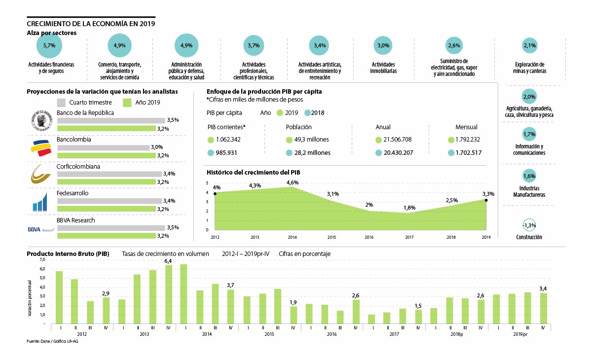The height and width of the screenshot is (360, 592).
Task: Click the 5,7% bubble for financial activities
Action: click(49, 45)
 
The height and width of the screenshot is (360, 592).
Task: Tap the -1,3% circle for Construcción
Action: click(529, 225)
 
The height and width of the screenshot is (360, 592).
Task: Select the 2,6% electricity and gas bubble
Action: click(454, 45)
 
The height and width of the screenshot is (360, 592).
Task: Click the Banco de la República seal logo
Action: click(40, 120)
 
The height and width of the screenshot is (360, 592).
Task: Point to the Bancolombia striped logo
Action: click(40, 147)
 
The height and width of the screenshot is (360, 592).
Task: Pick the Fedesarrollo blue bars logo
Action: click(40, 201)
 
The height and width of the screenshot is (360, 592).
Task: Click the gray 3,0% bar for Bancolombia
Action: click(103, 147)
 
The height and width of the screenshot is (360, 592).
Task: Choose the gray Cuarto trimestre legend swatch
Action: click(62, 103)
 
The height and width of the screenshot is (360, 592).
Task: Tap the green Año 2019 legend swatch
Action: click(126, 103)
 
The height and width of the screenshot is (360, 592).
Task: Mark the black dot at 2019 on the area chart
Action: click(486, 200)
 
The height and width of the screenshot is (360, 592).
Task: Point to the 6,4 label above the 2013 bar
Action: click(168, 260)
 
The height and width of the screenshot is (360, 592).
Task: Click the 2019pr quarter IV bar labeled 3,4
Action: click(544, 308)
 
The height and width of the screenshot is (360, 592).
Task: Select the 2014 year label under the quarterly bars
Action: click(208, 334)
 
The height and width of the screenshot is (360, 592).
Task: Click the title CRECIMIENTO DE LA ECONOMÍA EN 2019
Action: click(91, 23)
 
